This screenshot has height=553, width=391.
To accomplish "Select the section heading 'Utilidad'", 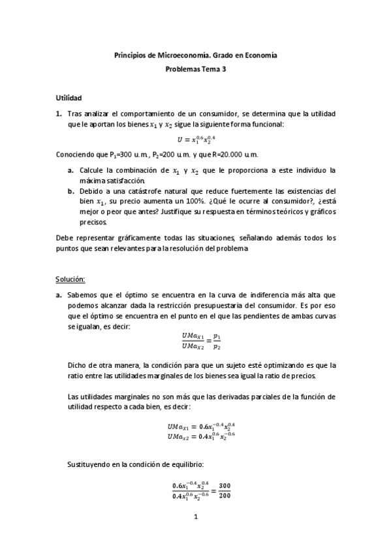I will tap(69, 97).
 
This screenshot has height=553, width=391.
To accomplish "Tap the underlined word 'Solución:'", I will tap(70, 278).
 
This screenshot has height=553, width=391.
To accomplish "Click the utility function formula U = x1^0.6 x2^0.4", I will tap(195, 139).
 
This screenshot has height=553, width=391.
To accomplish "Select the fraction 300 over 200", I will tap(225, 491).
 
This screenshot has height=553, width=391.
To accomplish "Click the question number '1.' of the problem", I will tap(59, 113).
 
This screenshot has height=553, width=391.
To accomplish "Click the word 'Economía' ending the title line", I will tap(262, 56).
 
